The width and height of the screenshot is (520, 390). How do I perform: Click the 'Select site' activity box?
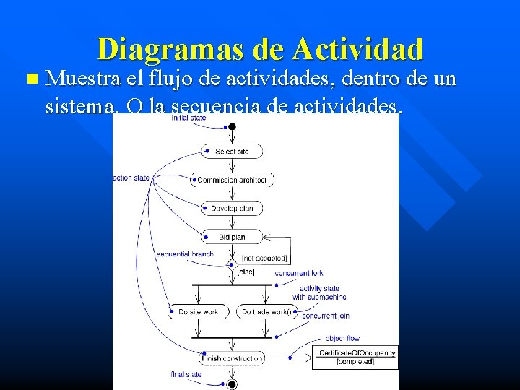(232, 151)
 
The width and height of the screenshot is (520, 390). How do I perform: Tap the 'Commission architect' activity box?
(232, 180)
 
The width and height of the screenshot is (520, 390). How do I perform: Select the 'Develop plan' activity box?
(232, 209)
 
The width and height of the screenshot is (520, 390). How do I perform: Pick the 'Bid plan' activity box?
(232, 237)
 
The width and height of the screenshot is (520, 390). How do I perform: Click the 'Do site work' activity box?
(199, 312)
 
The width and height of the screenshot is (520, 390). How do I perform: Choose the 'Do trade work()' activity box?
(266, 312)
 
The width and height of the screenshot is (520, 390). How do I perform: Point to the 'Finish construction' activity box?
(232, 358)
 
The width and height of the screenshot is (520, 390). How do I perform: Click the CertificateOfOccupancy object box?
(355, 357)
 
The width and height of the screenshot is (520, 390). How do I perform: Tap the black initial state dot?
(232, 127)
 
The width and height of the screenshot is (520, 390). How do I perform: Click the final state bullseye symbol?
(232, 384)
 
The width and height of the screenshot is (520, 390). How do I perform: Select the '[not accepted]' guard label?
(264, 258)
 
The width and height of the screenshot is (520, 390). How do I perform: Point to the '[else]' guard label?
(246, 272)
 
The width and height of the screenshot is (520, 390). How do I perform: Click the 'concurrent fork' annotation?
(298, 273)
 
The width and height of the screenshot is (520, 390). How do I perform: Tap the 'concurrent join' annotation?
(326, 316)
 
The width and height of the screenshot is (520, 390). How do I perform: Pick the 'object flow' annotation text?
(342, 338)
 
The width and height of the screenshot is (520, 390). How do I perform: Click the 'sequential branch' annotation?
(185, 254)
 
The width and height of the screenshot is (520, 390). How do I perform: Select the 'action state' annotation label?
(131, 178)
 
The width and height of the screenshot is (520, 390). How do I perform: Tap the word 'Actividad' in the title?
(358, 49)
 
